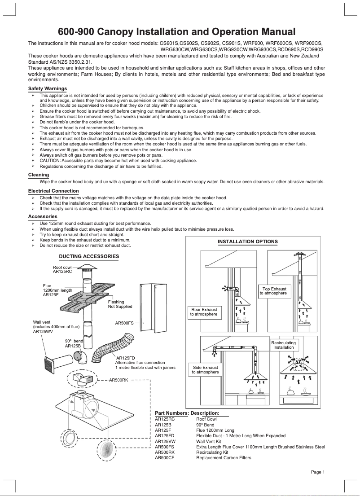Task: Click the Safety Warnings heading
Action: point(47,88)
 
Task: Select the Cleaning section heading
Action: point(39,175)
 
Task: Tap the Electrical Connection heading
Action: point(53,191)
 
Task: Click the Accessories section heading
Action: point(43,216)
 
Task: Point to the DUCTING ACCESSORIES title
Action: point(89,256)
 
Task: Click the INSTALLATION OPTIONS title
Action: point(247,241)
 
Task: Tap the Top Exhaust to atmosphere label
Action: point(274,291)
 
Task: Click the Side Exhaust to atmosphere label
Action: point(205,369)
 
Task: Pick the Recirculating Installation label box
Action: point(284,345)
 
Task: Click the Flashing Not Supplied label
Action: point(120,304)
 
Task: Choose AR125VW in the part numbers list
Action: point(165,441)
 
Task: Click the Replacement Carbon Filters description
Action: point(224,457)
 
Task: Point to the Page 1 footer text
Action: point(317,472)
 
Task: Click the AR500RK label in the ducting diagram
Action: point(119,380)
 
